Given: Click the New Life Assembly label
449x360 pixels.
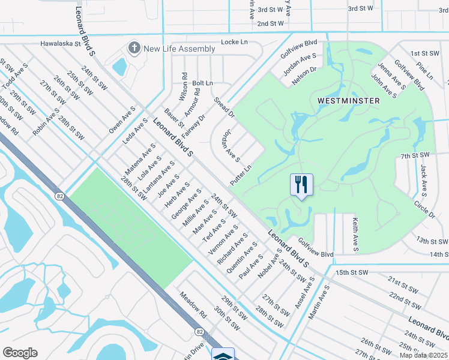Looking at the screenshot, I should pos(179,49).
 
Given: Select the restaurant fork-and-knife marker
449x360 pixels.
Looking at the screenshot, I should pos(301,185).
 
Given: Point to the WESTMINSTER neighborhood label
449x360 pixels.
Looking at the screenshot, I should pos(348,101).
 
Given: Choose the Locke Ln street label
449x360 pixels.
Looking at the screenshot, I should pos(234,43).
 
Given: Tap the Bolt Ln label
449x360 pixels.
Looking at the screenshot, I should pos(202,83).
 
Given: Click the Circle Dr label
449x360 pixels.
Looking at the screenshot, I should pos(424,209).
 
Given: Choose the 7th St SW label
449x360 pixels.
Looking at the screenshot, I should pos(415,156).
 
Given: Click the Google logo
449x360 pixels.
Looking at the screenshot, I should pos(20,353).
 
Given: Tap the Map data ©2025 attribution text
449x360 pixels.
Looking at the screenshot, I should pos(424,355).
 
